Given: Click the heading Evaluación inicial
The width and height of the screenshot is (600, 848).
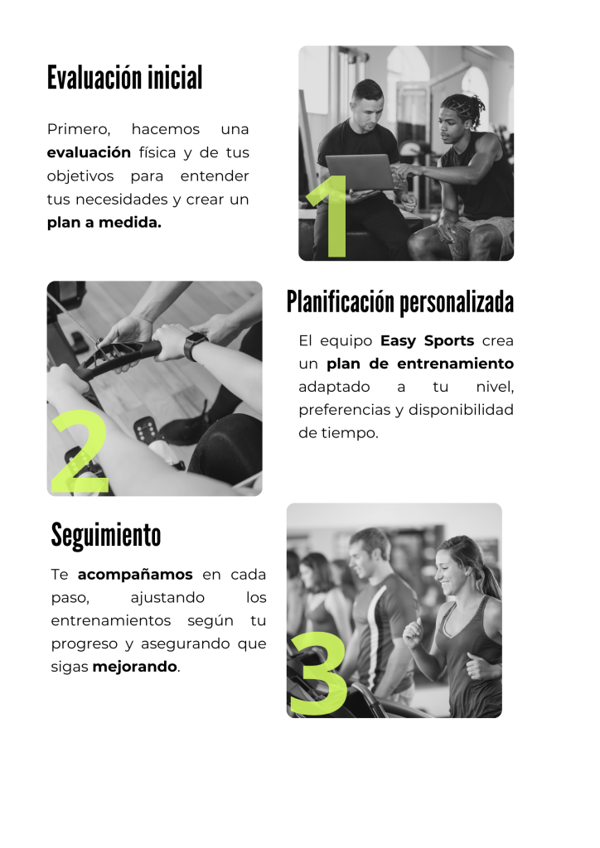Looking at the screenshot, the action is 125,77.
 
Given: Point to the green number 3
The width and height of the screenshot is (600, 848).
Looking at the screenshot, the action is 317,672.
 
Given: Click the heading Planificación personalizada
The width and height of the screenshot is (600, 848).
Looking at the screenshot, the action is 399,301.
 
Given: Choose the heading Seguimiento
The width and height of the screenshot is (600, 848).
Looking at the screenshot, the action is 106,535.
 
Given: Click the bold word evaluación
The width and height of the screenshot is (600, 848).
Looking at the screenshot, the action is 89,152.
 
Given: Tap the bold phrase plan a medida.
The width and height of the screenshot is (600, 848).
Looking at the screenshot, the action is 104,222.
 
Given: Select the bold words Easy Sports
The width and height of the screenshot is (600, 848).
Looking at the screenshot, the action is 427,340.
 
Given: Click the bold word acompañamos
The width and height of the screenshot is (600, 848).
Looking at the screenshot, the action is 135,575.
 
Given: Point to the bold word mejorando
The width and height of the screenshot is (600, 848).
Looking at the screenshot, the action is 135,667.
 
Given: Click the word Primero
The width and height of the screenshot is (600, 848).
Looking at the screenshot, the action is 79,129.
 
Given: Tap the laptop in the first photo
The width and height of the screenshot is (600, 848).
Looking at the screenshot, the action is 360,172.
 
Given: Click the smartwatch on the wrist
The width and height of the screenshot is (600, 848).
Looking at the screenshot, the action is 195,346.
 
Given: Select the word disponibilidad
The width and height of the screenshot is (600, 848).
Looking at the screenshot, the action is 461,410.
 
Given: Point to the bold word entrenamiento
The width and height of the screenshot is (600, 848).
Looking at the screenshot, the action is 456,364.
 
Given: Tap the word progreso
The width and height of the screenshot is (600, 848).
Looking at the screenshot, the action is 85,644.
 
